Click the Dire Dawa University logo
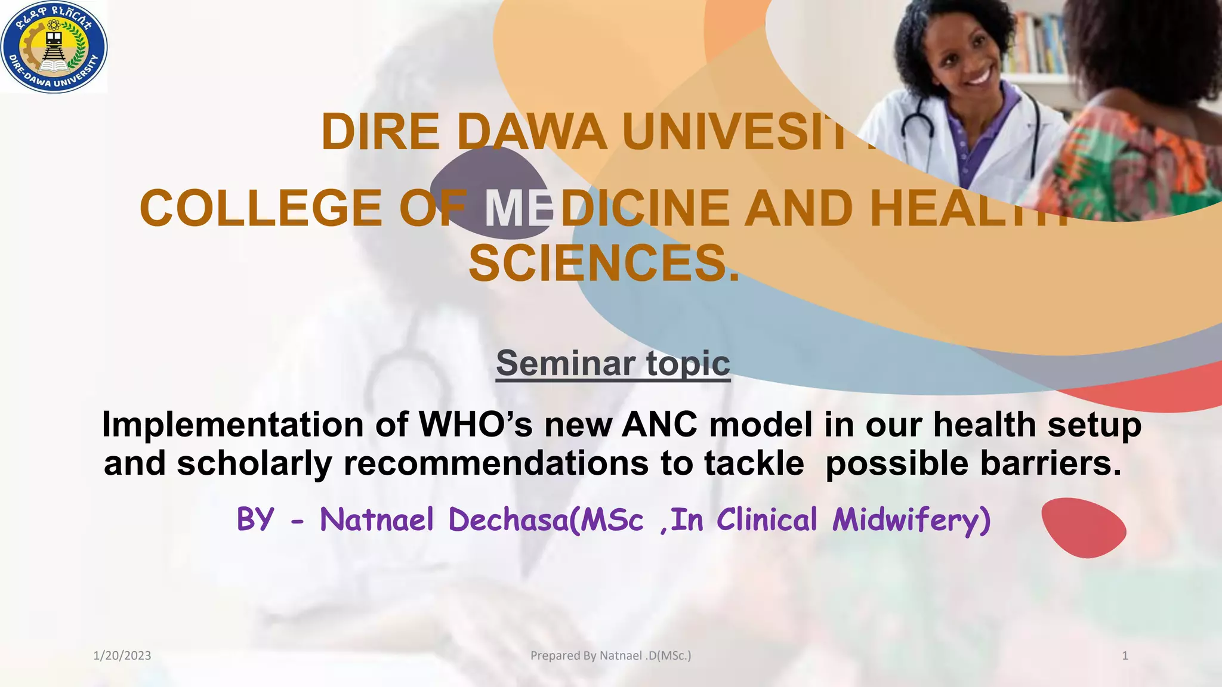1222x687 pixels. pyautogui.click(x=54, y=47)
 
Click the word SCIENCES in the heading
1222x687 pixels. pyautogui.click(x=603, y=264)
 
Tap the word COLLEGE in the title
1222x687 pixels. pyautogui.click(x=261, y=208)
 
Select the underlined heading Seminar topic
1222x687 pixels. pyautogui.click(x=613, y=363)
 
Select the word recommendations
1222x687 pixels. pyautogui.click(x=496, y=463)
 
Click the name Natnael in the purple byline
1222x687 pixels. pyautogui.click(x=377, y=519)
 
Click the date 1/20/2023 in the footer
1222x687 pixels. pyautogui.click(x=122, y=656)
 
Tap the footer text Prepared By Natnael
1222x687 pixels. pyautogui.click(x=610, y=656)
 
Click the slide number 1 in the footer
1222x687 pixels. pyautogui.click(x=1125, y=656)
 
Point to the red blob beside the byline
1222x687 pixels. pyautogui.click(x=1083, y=528)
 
